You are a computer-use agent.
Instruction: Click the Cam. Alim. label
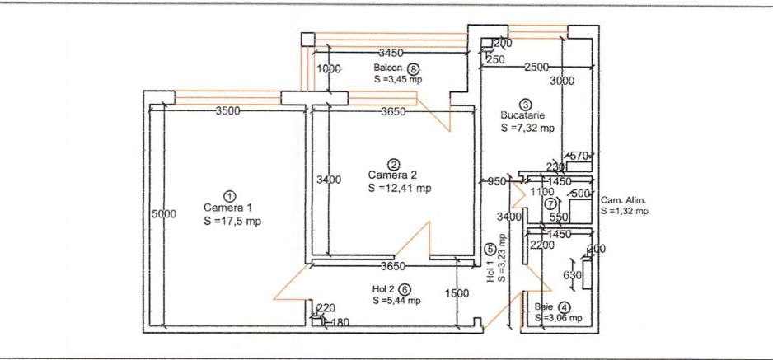coord(623,200)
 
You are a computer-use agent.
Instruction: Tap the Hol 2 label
coord(383,289)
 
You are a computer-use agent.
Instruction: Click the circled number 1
coord(230,196)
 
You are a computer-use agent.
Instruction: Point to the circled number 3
coord(526,104)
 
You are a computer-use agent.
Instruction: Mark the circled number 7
coord(550,203)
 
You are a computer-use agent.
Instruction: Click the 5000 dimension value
coord(163,214)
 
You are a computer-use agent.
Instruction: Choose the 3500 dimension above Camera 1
coord(228,112)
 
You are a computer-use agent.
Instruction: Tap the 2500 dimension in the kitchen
coord(536,66)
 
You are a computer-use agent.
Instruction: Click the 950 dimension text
coord(496,181)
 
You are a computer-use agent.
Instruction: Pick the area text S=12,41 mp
coord(400,188)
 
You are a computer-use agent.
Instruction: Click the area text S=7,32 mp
coord(527,129)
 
